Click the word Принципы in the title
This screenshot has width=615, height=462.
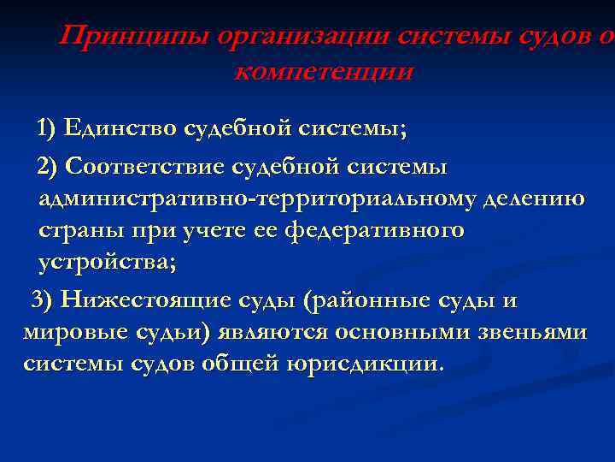[x=134, y=38]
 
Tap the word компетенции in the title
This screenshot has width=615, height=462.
[x=323, y=71]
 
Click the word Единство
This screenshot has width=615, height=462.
[x=117, y=129]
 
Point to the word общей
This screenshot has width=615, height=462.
[x=241, y=364]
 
